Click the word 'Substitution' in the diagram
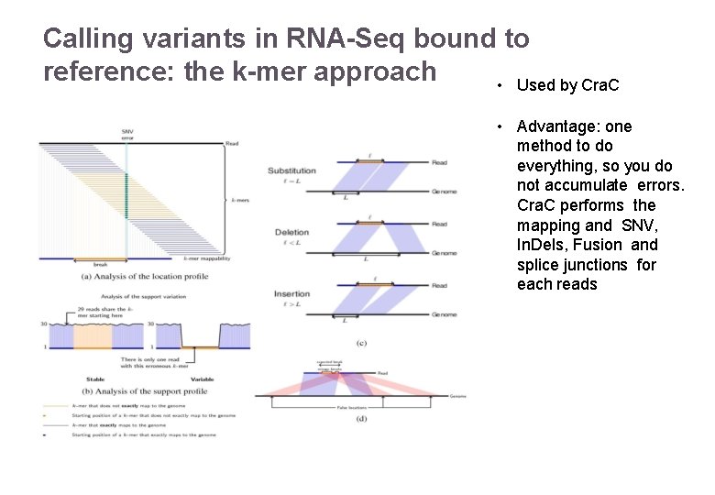(291, 170)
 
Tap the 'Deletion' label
(291, 232)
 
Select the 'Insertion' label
(291, 294)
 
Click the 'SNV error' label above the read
(126, 134)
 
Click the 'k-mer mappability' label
(207, 259)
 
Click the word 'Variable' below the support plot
(203, 379)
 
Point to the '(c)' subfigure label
(362, 342)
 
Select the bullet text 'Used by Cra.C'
(567, 85)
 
